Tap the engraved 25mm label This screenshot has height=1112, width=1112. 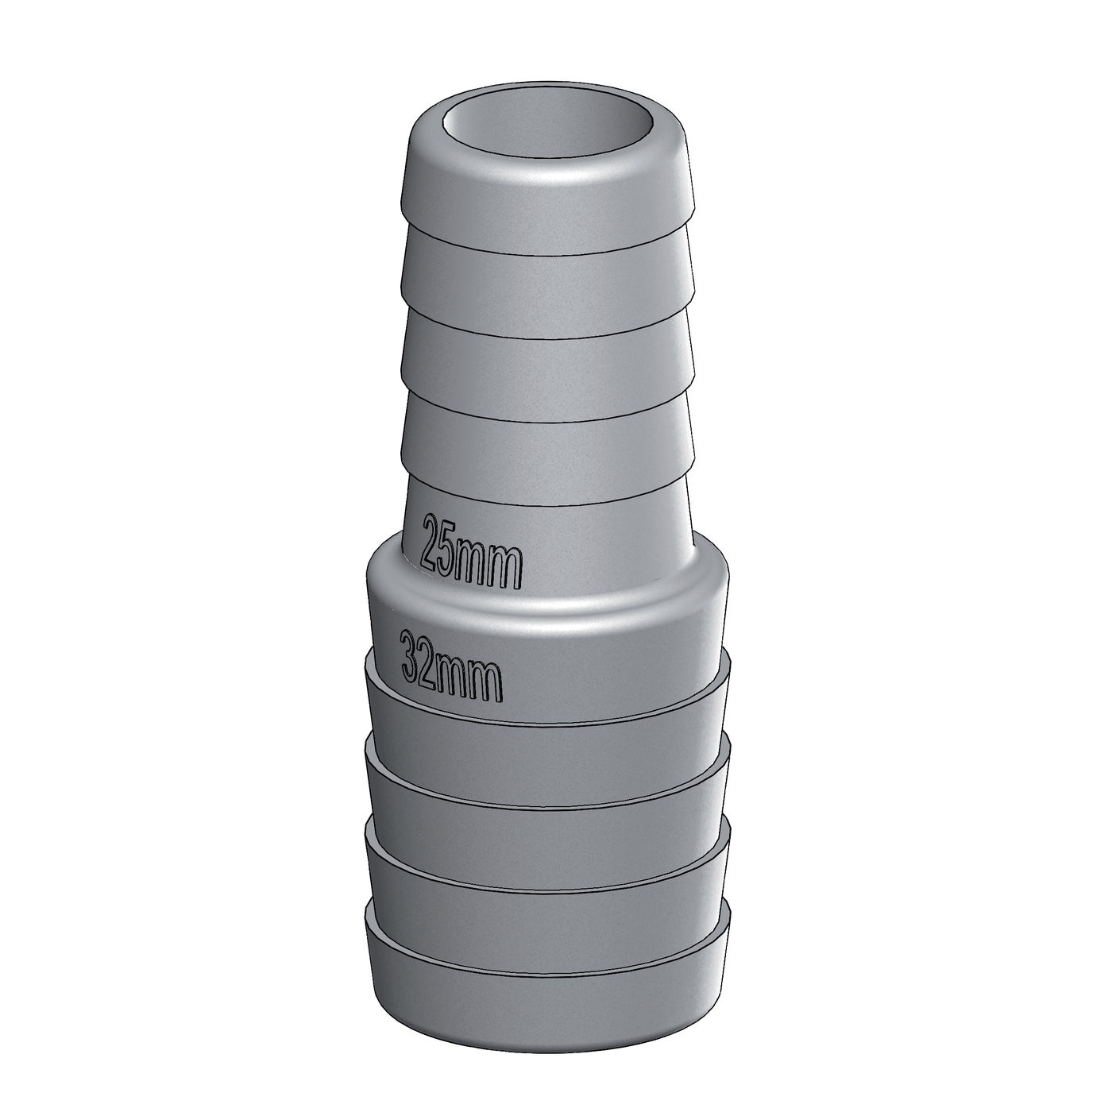[472, 552]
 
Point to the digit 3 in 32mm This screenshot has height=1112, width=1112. [411, 654]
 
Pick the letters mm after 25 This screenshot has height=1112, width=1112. [488, 562]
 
